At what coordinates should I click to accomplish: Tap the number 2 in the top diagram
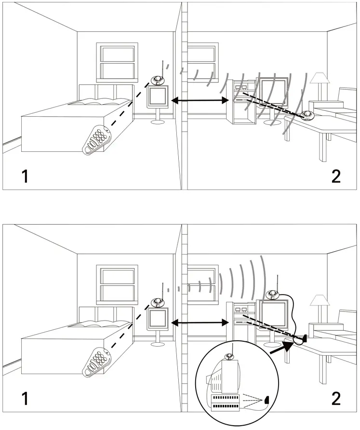336,176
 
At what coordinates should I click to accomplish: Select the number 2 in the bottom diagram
336,398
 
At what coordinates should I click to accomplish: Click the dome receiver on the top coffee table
307,115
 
